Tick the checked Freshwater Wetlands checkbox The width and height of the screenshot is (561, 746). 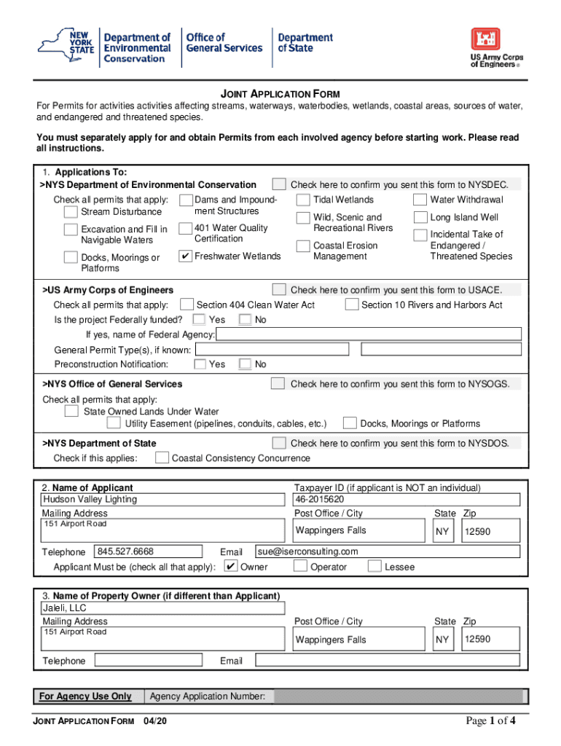point(185,256)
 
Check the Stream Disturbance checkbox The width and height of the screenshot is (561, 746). point(70,212)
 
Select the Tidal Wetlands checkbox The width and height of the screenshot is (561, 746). point(302,200)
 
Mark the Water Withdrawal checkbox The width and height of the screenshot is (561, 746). point(420,200)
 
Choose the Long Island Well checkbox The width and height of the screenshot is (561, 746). point(420,217)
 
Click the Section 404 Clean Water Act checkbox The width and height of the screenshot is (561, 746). point(187,305)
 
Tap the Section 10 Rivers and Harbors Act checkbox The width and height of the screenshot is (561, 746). point(351,305)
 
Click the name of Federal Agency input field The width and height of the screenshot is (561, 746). point(369,334)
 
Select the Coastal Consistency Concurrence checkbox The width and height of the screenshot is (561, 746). point(161,458)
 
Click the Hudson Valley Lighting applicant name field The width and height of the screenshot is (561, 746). point(162,500)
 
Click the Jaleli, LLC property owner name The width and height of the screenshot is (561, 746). point(162,608)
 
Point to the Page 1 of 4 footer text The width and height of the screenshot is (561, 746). point(492,721)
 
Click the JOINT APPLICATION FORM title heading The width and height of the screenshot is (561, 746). point(280,94)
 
